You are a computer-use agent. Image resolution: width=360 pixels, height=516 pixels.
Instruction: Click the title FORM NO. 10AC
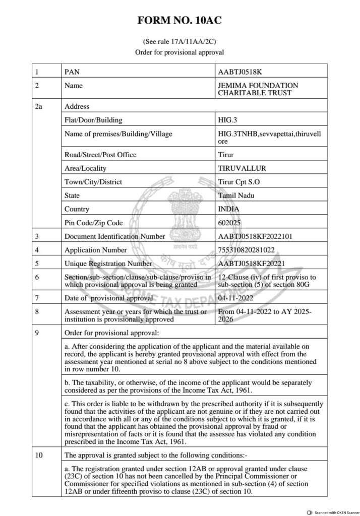(x=180, y=21)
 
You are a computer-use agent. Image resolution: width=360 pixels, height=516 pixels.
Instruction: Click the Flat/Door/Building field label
(x=93, y=120)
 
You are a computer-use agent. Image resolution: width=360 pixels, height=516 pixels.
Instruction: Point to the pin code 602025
(x=228, y=222)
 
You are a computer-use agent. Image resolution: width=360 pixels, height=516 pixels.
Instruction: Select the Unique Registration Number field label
(x=108, y=263)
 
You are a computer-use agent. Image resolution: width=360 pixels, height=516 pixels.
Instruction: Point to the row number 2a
(x=39, y=106)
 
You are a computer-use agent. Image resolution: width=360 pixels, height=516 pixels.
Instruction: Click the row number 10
(x=38, y=456)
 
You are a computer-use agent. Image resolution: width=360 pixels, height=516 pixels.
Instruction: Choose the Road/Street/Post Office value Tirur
(x=224, y=154)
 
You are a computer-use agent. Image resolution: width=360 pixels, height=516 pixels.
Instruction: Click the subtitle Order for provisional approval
(x=179, y=52)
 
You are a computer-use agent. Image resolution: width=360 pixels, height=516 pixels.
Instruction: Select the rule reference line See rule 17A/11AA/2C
(x=179, y=42)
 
